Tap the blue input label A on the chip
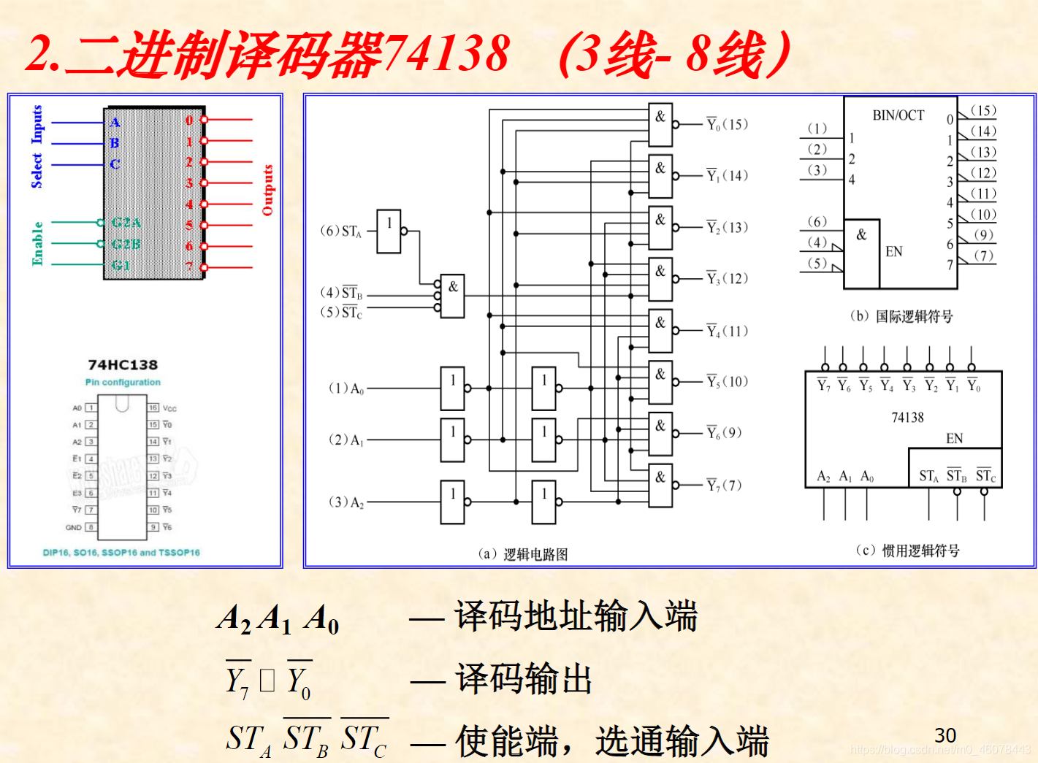click(x=115, y=122)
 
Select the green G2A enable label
click(x=126, y=223)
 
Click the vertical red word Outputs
click(x=267, y=190)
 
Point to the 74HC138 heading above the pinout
click(x=123, y=364)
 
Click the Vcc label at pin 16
click(x=169, y=408)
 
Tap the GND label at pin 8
click(x=74, y=527)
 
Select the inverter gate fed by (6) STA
click(x=389, y=231)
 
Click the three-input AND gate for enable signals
click(x=453, y=296)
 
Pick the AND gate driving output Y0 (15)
click(x=660, y=124)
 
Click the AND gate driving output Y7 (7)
click(x=660, y=486)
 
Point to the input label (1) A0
click(x=346, y=388)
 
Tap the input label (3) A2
click(x=346, y=502)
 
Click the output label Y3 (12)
click(x=727, y=279)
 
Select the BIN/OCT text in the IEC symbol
click(x=898, y=115)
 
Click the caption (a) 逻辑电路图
click(x=523, y=554)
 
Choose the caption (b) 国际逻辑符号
click(x=901, y=316)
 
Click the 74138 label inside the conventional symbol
click(x=907, y=418)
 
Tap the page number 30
click(x=945, y=735)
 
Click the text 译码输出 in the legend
click(x=523, y=679)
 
